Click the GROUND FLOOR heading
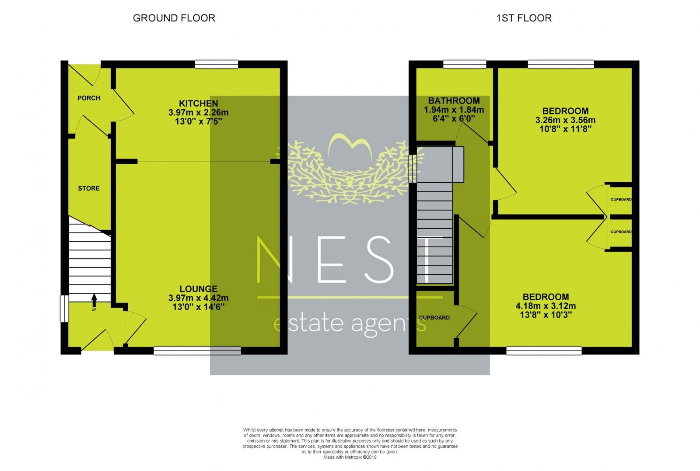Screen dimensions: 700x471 tap(174, 18)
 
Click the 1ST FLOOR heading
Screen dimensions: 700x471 tap(524, 18)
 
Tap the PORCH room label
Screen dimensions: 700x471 tap(89, 98)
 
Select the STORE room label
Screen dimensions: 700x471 tap(89, 188)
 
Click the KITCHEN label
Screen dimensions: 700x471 tap(199, 103)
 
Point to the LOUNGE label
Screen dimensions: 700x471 tap(199, 289)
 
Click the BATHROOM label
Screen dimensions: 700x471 tap(454, 100)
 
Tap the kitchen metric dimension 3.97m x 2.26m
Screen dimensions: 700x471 tap(199, 112)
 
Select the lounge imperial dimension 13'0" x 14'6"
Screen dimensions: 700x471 tap(199, 307)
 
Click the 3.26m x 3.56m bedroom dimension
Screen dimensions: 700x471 tap(565, 120)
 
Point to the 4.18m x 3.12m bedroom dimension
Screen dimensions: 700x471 tap(546, 306)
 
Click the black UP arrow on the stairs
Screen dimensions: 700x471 tap(94, 300)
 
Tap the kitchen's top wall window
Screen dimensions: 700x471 tap(217, 64)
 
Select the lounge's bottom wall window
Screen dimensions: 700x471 tap(197, 351)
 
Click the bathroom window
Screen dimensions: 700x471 tap(465, 64)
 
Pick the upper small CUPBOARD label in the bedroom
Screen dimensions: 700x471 tap(621, 199)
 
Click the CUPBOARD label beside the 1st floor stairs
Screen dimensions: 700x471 tap(434, 318)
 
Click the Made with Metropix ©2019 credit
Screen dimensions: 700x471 tap(350, 457)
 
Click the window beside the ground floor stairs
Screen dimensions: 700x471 tap(64, 308)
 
